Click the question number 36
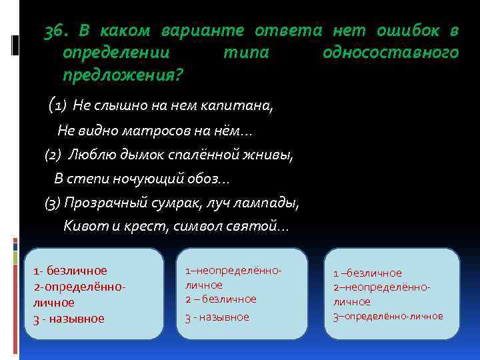click(58, 31)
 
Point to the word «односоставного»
click(390, 53)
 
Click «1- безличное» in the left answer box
click(70, 271)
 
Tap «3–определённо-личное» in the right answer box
click(387, 316)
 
